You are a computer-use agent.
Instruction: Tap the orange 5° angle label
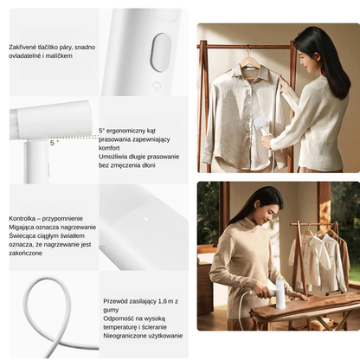click(x=54, y=143)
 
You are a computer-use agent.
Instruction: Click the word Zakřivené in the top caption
click(x=25, y=46)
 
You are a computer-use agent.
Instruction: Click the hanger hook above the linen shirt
click(x=250, y=51)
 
